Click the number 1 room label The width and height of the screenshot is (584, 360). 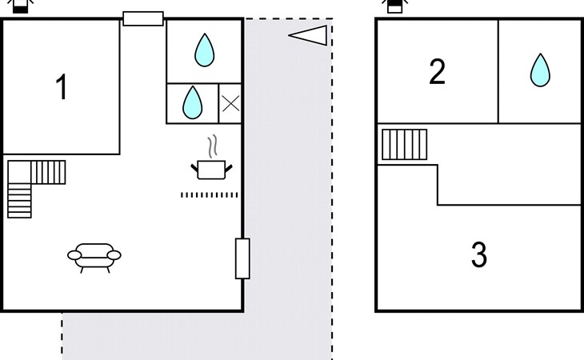click(62, 87)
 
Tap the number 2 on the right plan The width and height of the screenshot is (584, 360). click(437, 72)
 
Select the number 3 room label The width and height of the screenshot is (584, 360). click(478, 254)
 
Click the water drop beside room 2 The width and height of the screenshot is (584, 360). click(541, 70)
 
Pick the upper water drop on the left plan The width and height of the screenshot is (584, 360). click(205, 50)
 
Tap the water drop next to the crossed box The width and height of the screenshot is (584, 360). click(192, 102)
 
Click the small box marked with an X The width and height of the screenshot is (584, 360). click(230, 103)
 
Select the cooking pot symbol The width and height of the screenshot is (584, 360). click(212, 169)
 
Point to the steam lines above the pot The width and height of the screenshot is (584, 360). click(212, 148)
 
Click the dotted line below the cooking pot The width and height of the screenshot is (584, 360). click(210, 194)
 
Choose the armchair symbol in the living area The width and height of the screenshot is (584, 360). click(94, 256)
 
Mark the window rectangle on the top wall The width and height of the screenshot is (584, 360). click(143, 18)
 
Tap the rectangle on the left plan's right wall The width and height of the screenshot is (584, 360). click(242, 258)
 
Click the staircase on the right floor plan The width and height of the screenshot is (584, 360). click(404, 145)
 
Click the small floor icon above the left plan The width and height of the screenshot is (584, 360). click(20, 6)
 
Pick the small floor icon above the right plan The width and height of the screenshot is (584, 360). click(394, 6)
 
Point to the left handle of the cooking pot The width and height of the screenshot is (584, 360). click(194, 167)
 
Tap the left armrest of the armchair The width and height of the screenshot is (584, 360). click(74, 255)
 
